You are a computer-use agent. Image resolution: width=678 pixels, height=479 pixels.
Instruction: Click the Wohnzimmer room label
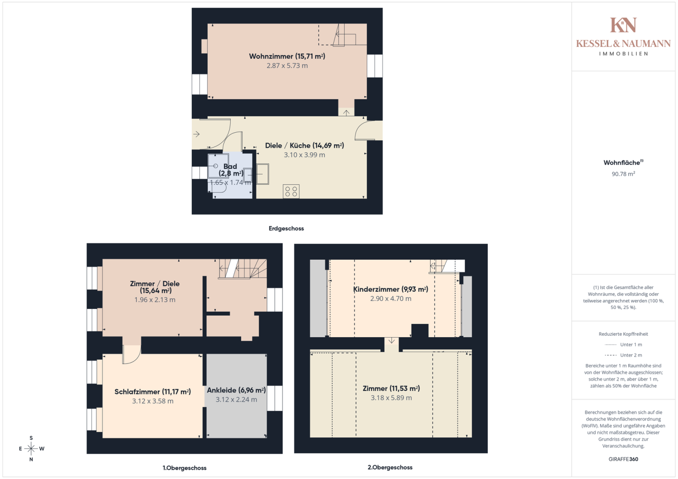coord(287,56)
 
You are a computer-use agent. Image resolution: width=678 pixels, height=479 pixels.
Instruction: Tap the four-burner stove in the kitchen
coord(291,192)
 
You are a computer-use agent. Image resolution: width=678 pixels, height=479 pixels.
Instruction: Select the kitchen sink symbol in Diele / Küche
coord(263,174)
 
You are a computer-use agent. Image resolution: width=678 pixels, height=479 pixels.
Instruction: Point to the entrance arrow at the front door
coord(197,134)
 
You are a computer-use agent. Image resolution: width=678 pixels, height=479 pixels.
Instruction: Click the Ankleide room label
coord(236,390)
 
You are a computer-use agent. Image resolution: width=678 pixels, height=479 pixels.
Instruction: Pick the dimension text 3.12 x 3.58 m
coord(152,401)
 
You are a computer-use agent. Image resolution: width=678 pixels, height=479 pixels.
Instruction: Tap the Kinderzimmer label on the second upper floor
coord(390,289)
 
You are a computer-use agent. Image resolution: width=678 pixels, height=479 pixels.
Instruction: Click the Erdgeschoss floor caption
coord(286,228)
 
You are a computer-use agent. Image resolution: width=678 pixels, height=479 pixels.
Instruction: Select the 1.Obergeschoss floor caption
coord(185,468)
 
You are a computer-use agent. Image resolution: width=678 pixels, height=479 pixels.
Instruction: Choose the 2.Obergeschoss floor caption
coord(390,467)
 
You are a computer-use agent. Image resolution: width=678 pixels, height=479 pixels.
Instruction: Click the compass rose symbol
coord(31,448)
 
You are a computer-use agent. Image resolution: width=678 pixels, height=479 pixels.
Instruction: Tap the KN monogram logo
coord(623,25)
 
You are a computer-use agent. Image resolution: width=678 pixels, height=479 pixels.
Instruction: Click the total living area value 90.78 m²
coord(623,174)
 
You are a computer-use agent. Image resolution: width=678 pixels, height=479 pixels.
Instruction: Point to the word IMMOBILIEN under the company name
coord(623,54)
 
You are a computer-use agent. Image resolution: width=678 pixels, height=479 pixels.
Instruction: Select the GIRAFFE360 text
coord(623,459)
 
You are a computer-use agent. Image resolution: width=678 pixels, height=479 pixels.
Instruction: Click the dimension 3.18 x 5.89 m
coord(391,398)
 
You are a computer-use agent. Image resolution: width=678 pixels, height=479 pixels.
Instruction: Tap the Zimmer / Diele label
coord(155,287)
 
